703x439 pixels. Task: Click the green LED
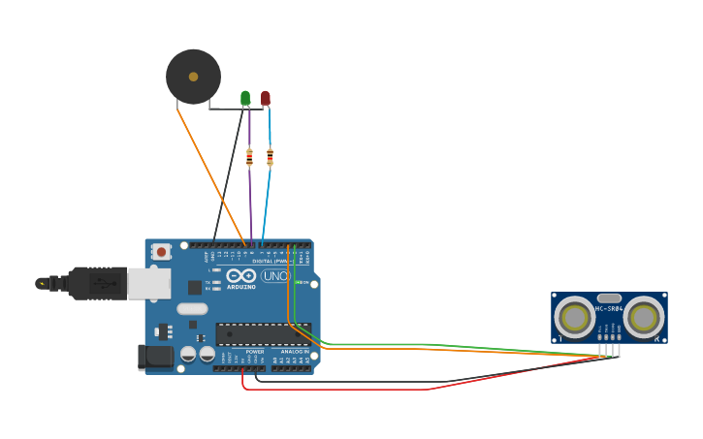(245, 97)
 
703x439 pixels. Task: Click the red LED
(266, 97)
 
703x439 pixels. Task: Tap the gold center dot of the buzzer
(193, 77)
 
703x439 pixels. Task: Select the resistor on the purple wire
(249, 156)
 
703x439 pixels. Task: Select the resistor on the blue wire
(270, 156)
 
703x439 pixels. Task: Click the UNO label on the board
(275, 276)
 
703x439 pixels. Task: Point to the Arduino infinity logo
(240, 276)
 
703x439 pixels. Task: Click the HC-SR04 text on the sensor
(609, 309)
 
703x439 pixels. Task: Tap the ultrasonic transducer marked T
(575, 318)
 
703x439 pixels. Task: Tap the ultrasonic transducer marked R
(644, 318)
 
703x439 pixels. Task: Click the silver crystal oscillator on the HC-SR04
(609, 298)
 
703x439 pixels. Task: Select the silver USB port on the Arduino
(148, 283)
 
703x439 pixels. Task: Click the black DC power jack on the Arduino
(155, 357)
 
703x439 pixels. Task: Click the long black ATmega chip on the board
(263, 334)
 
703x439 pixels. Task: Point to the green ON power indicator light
(304, 283)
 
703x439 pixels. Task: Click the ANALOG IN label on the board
(295, 352)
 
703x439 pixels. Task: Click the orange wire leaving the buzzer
(208, 170)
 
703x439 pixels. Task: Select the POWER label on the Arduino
(254, 352)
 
